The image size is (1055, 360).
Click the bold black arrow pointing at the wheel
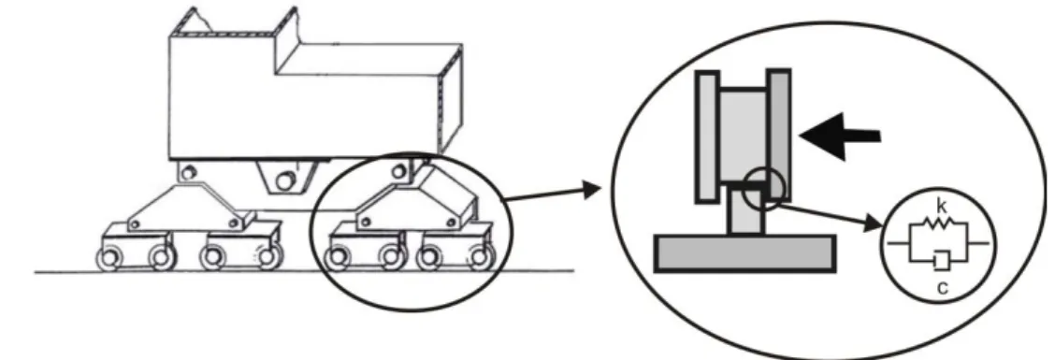(x=840, y=136)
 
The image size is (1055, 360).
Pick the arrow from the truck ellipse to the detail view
(x=553, y=193)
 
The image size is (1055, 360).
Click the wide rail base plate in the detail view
(x=745, y=253)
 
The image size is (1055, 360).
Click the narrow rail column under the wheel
(x=747, y=210)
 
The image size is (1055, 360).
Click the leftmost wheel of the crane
(x=108, y=258)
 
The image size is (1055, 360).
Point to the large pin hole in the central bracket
(x=286, y=181)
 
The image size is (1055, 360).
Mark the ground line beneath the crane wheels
(x=304, y=272)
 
